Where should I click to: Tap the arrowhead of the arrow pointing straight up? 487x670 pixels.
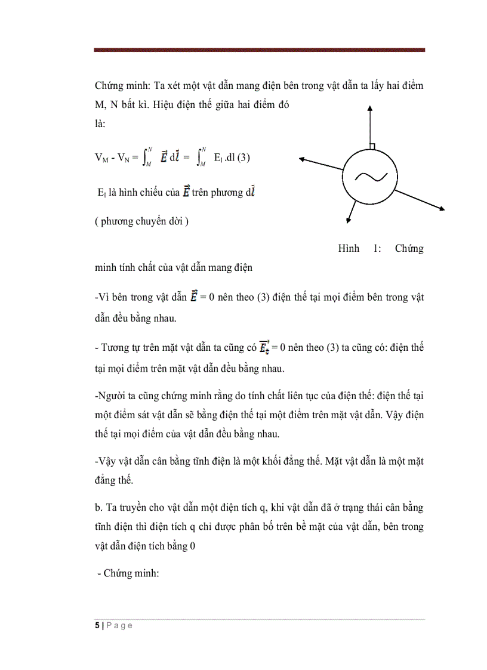tap(370, 108)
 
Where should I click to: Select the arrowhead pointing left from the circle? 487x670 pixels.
tap(303, 159)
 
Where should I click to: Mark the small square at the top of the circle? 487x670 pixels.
tap(371, 147)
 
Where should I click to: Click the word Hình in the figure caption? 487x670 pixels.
tap(349, 249)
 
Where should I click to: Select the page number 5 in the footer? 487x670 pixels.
tap(97, 626)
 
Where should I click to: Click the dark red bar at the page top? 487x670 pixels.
tap(259, 50)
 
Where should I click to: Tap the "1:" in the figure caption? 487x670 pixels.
tap(378, 249)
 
